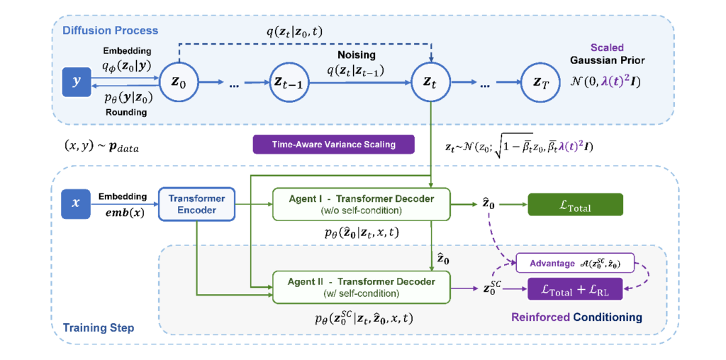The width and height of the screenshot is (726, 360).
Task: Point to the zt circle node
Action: pyautogui.click(x=430, y=82)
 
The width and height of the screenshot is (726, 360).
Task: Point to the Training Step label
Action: pyautogui.click(x=99, y=328)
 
